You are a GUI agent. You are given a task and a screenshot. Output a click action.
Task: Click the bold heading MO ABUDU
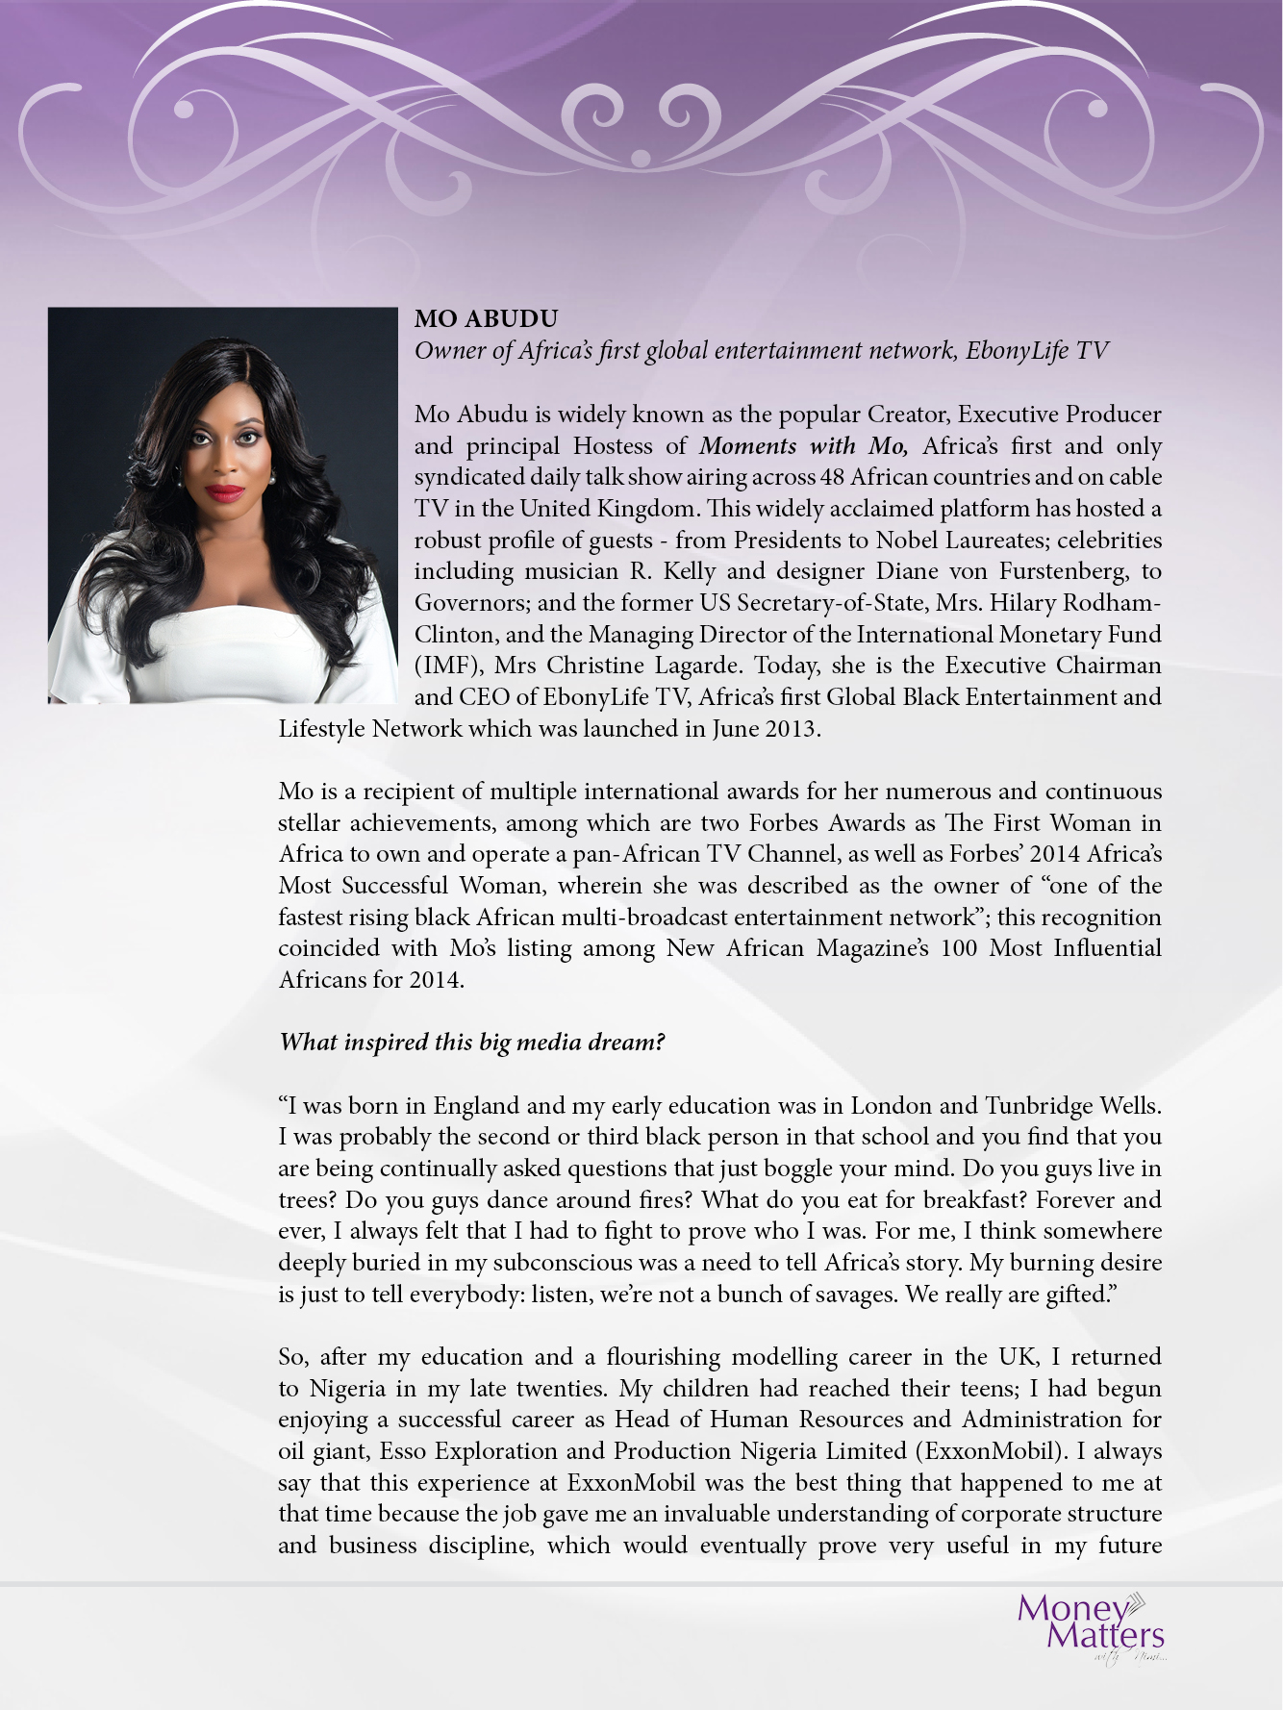click(486, 318)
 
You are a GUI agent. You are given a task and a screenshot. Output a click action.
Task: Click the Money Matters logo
click(1091, 1624)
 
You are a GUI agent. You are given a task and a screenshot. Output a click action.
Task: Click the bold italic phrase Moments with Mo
click(803, 446)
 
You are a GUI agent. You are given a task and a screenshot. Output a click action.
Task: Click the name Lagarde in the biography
click(696, 666)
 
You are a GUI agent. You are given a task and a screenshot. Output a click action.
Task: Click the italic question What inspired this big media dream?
click(471, 1043)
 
